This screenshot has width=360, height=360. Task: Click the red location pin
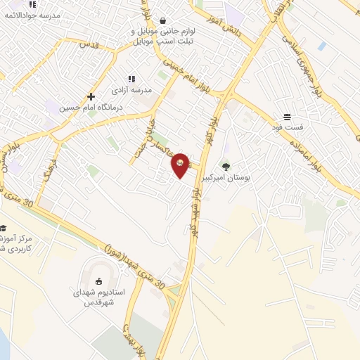coord(181,165)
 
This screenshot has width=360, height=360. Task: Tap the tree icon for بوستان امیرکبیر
coord(226,167)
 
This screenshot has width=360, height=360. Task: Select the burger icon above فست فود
coord(287,116)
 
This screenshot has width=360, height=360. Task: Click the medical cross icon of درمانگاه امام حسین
coord(91,96)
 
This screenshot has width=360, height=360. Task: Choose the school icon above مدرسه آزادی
coord(130,79)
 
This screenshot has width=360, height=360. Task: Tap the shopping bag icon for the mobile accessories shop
coord(163,21)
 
